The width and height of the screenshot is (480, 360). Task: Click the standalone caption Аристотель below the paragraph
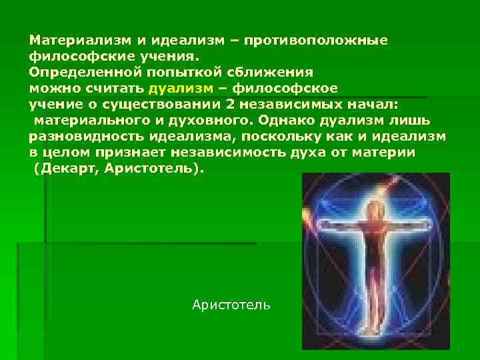coord(231,305)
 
